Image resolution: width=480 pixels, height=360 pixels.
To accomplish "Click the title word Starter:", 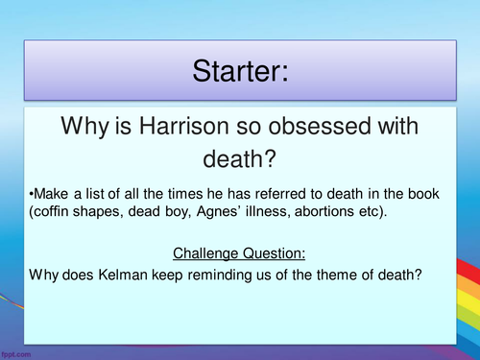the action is coord(240,71).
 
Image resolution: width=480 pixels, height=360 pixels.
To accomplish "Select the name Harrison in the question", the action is coord(184,126).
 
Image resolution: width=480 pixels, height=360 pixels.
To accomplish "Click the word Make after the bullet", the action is coord(51,194).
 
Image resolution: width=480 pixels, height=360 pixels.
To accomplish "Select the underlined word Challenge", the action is coord(205,253).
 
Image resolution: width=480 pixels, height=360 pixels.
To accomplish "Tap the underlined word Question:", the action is coord(274,253).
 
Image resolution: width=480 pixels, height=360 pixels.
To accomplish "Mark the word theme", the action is coord(336,275).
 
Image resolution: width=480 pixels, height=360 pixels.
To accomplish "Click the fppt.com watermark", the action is coord(16,354).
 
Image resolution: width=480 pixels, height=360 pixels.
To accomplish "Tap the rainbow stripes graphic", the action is coord(468,298).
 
